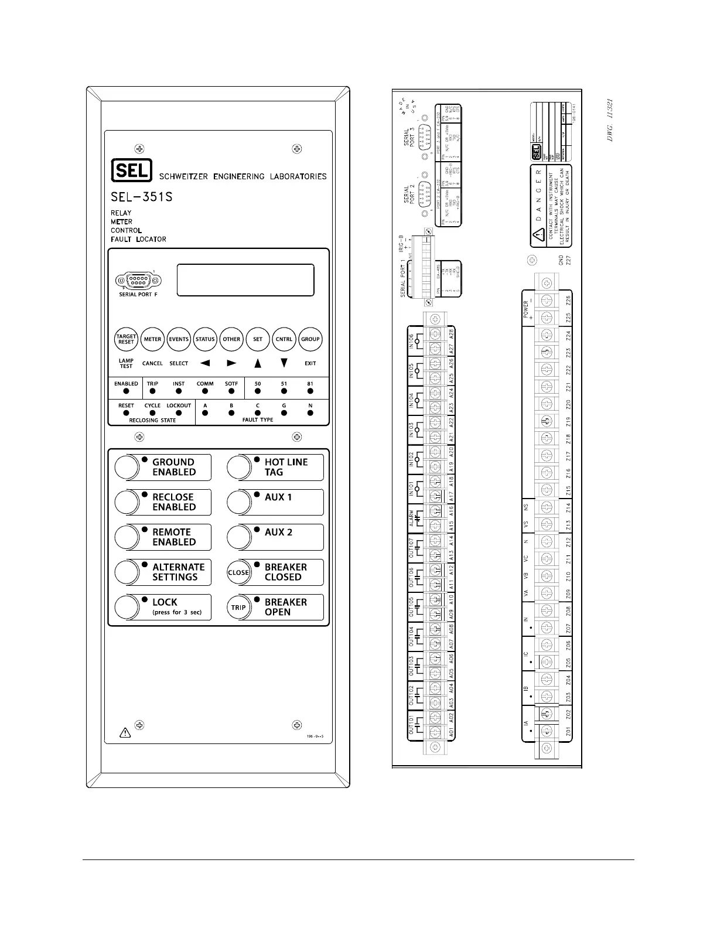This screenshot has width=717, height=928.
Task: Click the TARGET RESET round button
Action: pos(126,339)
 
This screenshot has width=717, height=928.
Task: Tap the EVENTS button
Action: pos(179,339)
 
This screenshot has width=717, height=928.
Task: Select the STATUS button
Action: pos(205,339)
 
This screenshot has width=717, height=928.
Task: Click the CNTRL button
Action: pos(284,339)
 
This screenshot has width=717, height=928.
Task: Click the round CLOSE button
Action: pos(238,572)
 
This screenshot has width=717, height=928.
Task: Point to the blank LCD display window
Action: pos(245,280)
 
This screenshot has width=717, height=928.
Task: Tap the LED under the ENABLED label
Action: pos(126,391)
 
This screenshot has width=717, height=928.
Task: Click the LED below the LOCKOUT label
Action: pos(179,413)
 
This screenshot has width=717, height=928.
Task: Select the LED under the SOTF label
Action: pos(231,391)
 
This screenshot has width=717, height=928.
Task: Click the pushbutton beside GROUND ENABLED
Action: pos(126,467)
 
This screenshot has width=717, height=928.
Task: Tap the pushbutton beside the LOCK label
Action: pos(126,607)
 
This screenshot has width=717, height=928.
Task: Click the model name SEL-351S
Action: pos(142,197)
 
